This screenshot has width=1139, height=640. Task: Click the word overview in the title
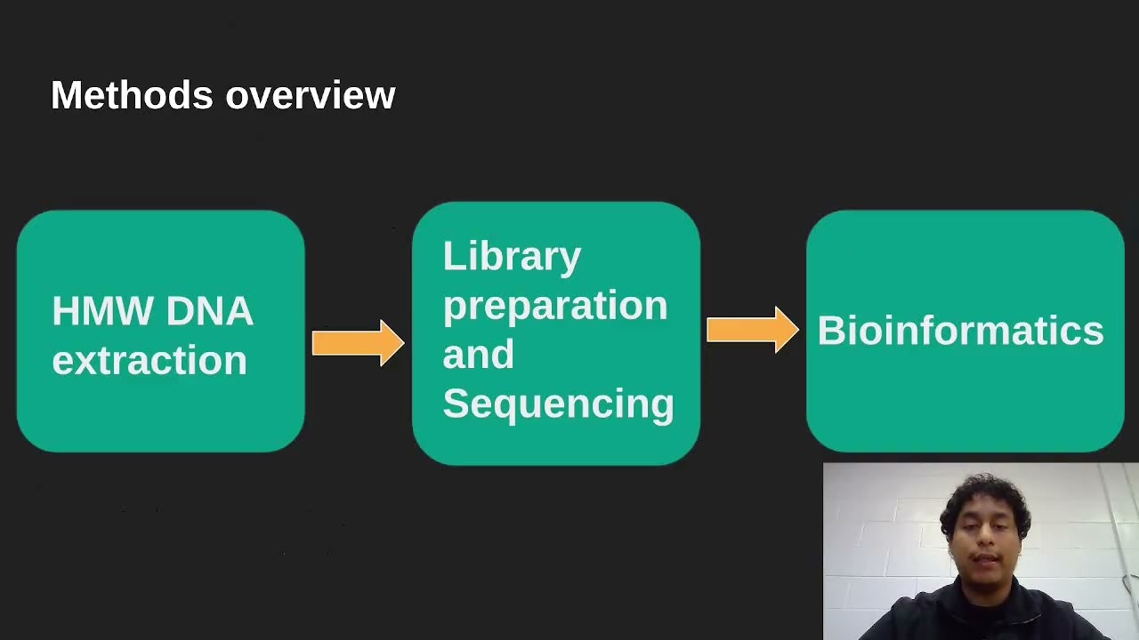click(311, 96)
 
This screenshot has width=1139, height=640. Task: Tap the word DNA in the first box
click(209, 312)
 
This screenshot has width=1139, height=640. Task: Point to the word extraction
click(149, 361)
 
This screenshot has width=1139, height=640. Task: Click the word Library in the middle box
click(512, 257)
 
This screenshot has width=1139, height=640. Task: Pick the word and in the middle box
click(478, 355)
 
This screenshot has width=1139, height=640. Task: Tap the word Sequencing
click(558, 404)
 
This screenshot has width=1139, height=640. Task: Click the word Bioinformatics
click(960, 331)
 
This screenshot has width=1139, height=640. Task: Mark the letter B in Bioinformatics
click(829, 331)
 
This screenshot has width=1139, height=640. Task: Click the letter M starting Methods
click(66, 95)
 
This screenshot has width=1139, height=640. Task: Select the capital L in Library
click(451, 257)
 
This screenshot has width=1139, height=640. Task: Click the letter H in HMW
click(65, 312)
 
